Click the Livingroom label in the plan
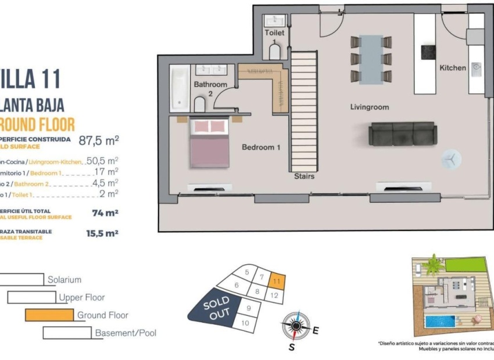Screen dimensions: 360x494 369,107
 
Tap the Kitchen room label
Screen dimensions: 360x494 452,68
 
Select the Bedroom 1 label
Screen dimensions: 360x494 261,147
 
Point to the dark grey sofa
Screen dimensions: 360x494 402,134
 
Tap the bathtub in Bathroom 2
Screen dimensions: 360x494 180,88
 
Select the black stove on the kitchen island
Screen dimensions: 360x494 429,51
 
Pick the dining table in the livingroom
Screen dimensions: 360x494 370,59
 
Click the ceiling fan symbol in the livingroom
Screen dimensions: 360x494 450,158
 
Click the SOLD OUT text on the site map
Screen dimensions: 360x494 217,308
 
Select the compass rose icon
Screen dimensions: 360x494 295,326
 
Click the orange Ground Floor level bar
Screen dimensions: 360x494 51,315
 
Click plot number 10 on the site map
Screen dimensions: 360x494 245,323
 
